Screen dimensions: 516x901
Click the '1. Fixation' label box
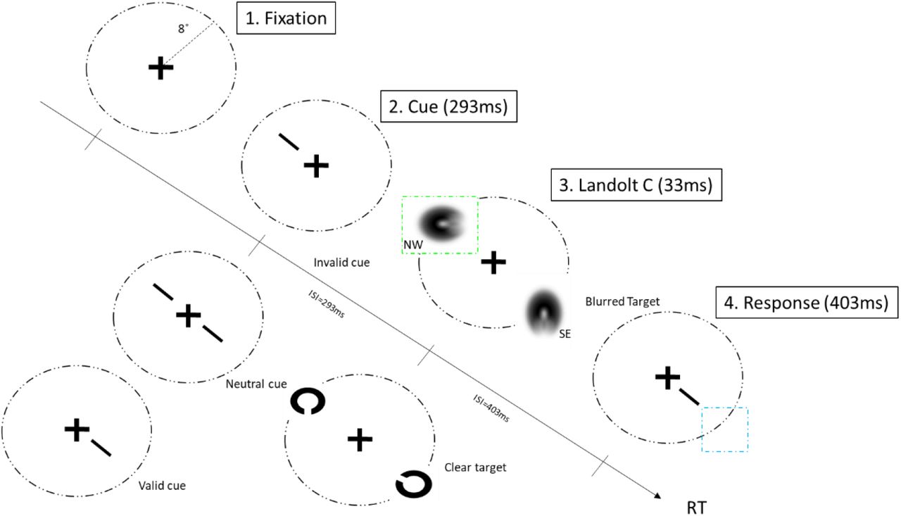(x=287, y=19)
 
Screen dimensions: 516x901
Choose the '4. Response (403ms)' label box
(x=806, y=303)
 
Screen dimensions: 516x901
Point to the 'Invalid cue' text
(x=341, y=263)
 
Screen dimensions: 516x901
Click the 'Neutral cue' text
(x=256, y=384)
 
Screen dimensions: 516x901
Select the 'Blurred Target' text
(x=622, y=301)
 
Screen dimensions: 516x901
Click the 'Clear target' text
(x=475, y=466)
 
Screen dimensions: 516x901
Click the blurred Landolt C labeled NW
(x=439, y=223)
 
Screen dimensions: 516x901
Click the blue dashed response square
(x=724, y=429)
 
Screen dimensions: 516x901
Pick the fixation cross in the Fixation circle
(x=160, y=68)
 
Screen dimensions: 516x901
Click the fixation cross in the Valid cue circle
(x=76, y=429)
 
